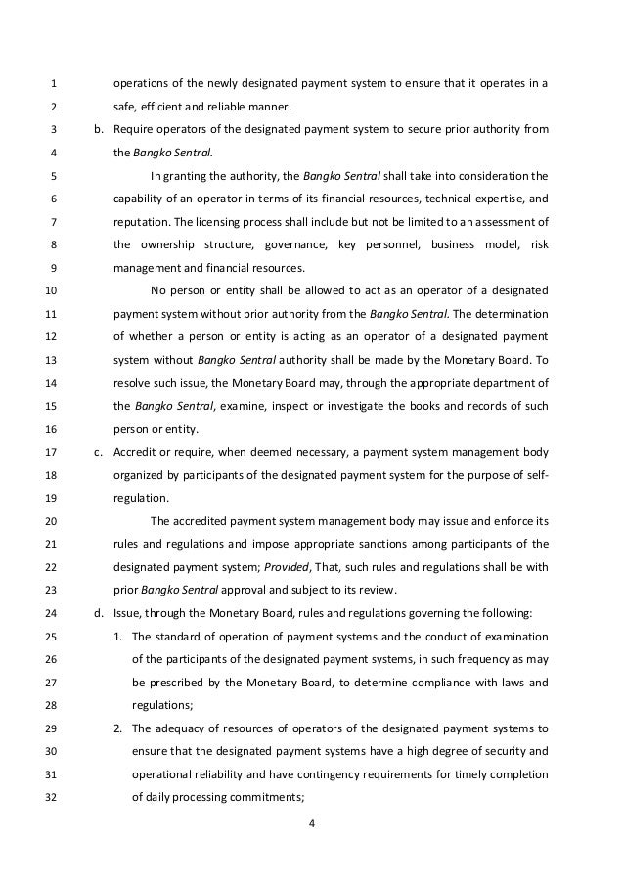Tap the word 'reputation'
[144, 222]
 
